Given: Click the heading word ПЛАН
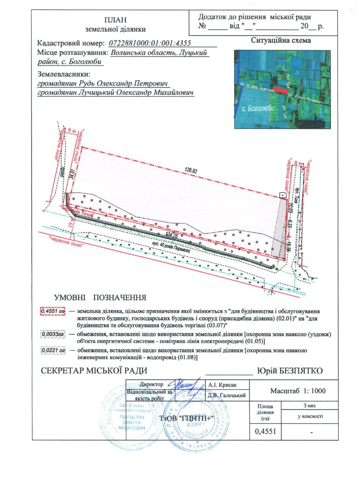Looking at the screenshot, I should [116, 20].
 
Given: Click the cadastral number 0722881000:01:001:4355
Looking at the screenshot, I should [157, 43].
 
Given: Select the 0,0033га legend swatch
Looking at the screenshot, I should [52, 333].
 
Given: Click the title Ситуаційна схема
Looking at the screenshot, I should [281, 40].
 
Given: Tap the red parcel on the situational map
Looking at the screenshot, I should [281, 91].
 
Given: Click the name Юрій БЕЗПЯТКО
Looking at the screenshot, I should [290, 371].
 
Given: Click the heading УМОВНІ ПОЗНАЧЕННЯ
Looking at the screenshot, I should [100, 298].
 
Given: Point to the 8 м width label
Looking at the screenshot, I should [72, 131].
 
